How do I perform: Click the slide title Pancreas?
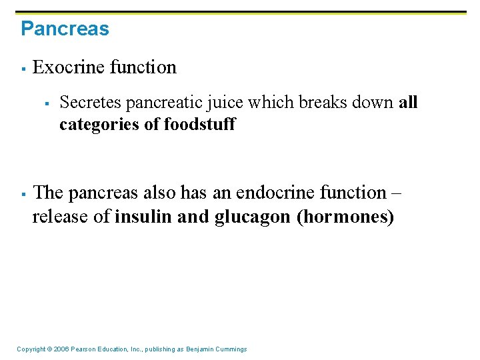(x=65, y=29)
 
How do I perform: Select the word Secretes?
(x=90, y=103)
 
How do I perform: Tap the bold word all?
(x=408, y=103)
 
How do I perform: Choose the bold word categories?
(x=99, y=125)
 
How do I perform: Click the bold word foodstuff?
(x=199, y=125)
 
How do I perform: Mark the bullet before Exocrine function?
(x=23, y=69)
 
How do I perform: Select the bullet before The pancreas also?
(x=23, y=194)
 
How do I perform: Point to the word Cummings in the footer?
(x=230, y=349)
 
